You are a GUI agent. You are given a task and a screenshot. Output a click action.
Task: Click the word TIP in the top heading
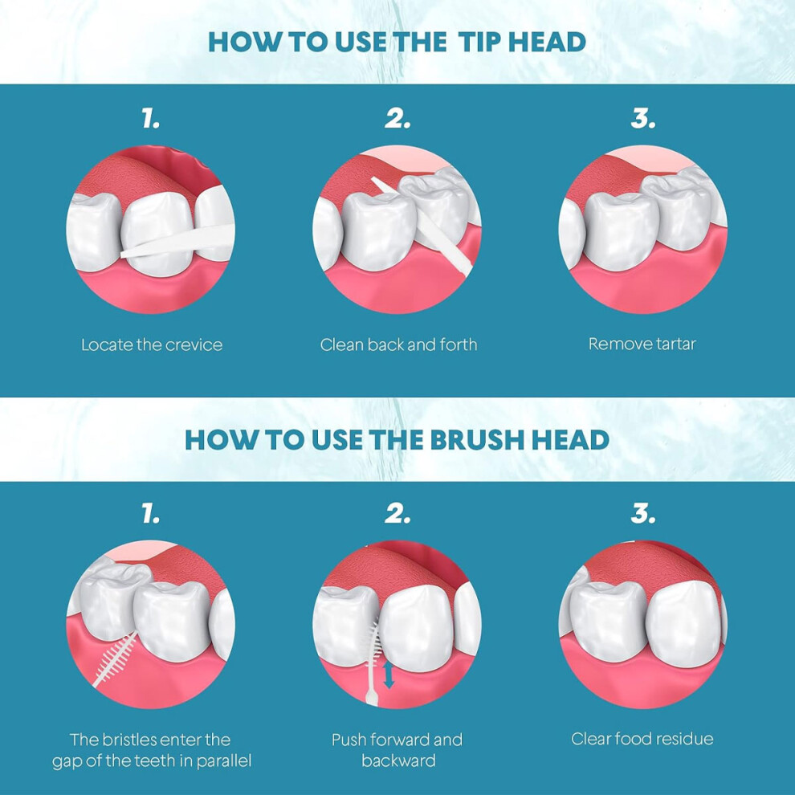click(x=479, y=42)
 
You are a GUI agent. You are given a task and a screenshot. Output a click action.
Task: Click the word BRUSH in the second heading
click(x=476, y=439)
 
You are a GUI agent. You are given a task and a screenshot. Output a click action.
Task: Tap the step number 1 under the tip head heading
click(x=151, y=119)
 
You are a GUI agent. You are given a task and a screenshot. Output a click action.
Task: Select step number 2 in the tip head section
click(x=397, y=119)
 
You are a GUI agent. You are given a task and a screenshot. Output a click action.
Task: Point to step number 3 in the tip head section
click(x=643, y=119)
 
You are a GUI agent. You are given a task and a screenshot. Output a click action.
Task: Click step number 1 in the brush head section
click(x=151, y=514)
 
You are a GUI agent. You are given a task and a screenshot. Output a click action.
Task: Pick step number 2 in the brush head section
click(x=397, y=514)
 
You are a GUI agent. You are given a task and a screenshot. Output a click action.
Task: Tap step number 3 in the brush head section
click(x=643, y=514)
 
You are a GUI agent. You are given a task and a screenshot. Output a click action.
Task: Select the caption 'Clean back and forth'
click(x=398, y=344)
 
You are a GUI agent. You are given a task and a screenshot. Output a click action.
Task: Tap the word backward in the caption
click(x=398, y=760)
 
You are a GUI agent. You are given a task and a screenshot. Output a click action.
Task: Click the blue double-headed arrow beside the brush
click(x=389, y=675)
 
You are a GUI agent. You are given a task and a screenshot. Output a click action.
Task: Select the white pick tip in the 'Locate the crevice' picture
click(x=177, y=242)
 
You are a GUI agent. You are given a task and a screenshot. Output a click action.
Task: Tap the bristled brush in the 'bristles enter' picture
click(x=115, y=659)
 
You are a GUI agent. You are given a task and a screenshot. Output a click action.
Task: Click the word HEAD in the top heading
click(x=547, y=42)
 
